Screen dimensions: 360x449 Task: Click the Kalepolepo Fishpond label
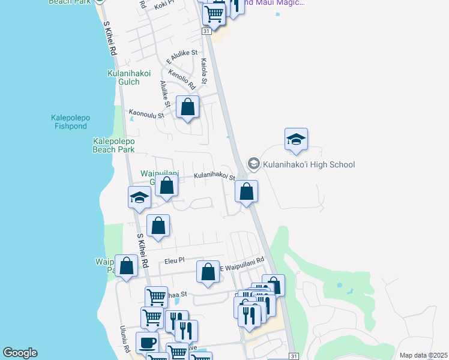(70, 122)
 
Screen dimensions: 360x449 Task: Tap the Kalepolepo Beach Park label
(113, 145)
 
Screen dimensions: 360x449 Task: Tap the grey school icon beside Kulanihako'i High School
(254, 164)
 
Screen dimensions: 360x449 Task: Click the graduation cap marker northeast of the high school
(296, 140)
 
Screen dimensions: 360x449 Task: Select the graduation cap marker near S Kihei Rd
(139, 197)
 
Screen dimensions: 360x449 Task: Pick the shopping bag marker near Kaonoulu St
(188, 108)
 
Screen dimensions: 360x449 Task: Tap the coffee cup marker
(147, 343)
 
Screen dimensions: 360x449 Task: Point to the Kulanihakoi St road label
(214, 176)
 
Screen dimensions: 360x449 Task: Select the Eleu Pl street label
(174, 260)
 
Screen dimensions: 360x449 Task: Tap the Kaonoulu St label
(146, 113)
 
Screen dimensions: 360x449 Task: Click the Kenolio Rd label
(182, 80)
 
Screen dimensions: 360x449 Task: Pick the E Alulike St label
(181, 58)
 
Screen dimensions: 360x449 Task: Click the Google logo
(20, 353)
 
